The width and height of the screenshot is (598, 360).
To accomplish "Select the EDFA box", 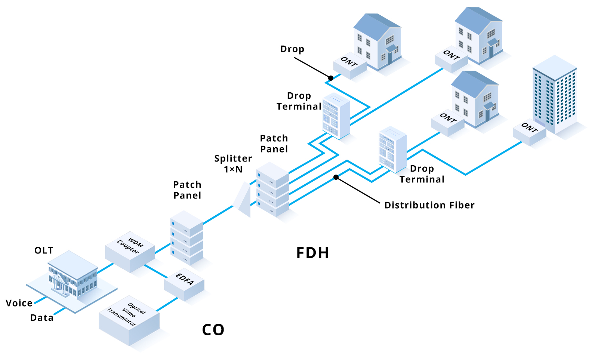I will point(184,284).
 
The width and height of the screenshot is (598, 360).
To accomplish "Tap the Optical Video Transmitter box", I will point(129,321).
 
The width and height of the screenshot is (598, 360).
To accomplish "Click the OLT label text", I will point(44,250).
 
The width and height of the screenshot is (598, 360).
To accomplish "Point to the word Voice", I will point(19,303).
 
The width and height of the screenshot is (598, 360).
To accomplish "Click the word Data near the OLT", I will point(42,318).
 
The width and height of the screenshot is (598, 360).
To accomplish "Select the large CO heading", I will point(213,330).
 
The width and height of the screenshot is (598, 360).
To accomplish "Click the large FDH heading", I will point(312,253).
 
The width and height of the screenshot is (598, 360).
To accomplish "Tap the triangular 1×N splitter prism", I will point(243,200).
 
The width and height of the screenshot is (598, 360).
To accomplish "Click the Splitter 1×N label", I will point(233,164).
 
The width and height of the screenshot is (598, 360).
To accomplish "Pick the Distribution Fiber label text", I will point(429,205).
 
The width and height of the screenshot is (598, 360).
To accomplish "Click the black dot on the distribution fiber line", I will point(336,177).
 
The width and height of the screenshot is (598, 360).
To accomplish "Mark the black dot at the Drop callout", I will point(331,78).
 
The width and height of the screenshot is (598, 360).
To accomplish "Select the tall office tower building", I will point(555,95).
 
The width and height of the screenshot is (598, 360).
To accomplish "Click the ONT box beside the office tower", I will point(529,132).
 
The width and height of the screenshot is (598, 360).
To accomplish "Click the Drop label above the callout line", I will point(292,49).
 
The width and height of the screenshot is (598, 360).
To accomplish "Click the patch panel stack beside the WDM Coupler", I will point(187,238).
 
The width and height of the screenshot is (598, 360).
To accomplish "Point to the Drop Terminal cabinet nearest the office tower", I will point(392,150).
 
